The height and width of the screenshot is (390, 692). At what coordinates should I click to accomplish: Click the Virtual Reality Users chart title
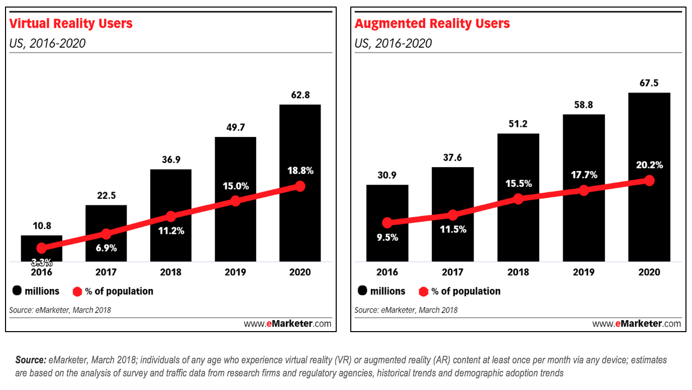click(71, 24)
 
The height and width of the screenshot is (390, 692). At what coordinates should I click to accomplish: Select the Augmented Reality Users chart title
click(432, 24)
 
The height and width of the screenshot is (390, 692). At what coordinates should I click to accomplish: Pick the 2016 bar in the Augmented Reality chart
click(387, 247)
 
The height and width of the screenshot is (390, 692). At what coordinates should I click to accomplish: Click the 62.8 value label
click(300, 94)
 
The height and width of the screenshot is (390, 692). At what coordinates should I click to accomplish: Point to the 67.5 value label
click(649, 82)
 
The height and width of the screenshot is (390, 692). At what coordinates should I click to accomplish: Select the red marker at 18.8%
click(300, 186)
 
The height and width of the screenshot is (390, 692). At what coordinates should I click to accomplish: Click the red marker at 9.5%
click(387, 222)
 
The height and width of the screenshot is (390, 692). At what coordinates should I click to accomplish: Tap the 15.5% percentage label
click(518, 184)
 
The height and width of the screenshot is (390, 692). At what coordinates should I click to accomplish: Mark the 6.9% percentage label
click(106, 249)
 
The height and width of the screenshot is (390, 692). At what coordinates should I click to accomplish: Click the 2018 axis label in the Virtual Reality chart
click(171, 272)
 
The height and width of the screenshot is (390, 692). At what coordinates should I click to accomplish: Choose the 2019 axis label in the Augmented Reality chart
click(583, 272)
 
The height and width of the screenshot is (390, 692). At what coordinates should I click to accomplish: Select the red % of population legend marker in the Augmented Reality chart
click(423, 291)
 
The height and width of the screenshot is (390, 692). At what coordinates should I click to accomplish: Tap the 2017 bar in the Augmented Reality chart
click(452, 242)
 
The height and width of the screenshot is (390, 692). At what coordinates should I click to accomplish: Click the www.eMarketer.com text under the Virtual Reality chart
click(287, 324)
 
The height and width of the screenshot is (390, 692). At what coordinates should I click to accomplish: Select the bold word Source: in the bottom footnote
click(31, 360)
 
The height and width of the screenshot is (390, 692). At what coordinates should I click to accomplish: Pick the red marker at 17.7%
click(583, 190)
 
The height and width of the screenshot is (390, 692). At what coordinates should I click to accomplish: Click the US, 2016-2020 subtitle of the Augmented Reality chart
click(393, 43)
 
